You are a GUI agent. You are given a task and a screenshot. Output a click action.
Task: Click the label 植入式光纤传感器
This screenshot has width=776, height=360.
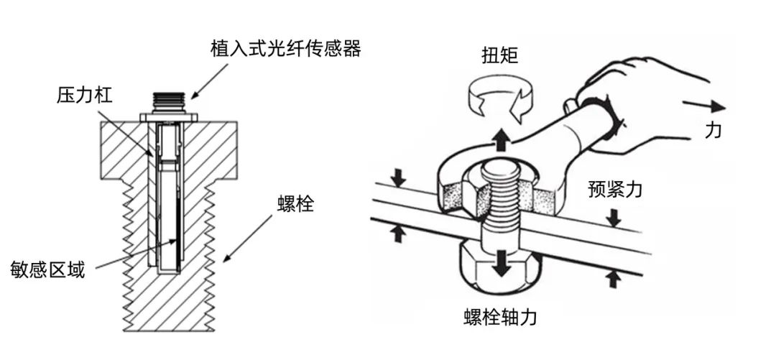(285, 50)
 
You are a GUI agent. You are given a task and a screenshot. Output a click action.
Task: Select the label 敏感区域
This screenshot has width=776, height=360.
(47, 271)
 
